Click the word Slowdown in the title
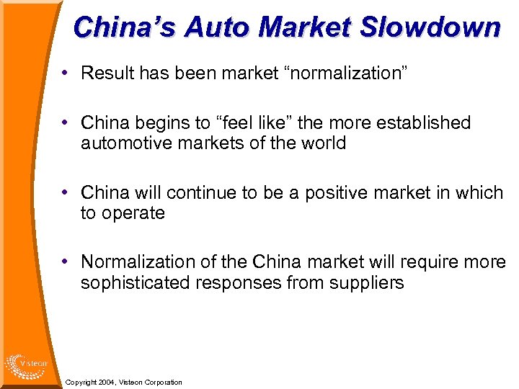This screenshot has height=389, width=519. (430, 27)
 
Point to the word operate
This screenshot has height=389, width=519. (133, 213)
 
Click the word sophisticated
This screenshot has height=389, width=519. (136, 282)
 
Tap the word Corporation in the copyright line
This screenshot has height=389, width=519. (164, 382)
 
